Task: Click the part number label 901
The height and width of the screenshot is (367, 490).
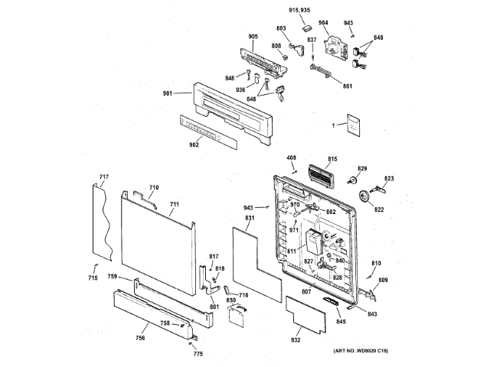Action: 167,93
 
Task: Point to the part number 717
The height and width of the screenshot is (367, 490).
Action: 104,178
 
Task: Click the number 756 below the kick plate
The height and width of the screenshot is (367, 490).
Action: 141,337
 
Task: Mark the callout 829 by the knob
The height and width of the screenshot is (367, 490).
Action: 362,168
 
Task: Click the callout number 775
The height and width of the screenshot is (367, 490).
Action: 198,353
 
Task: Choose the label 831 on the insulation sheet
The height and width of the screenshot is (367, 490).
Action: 249,219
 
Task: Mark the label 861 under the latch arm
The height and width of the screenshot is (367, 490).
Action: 348,86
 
